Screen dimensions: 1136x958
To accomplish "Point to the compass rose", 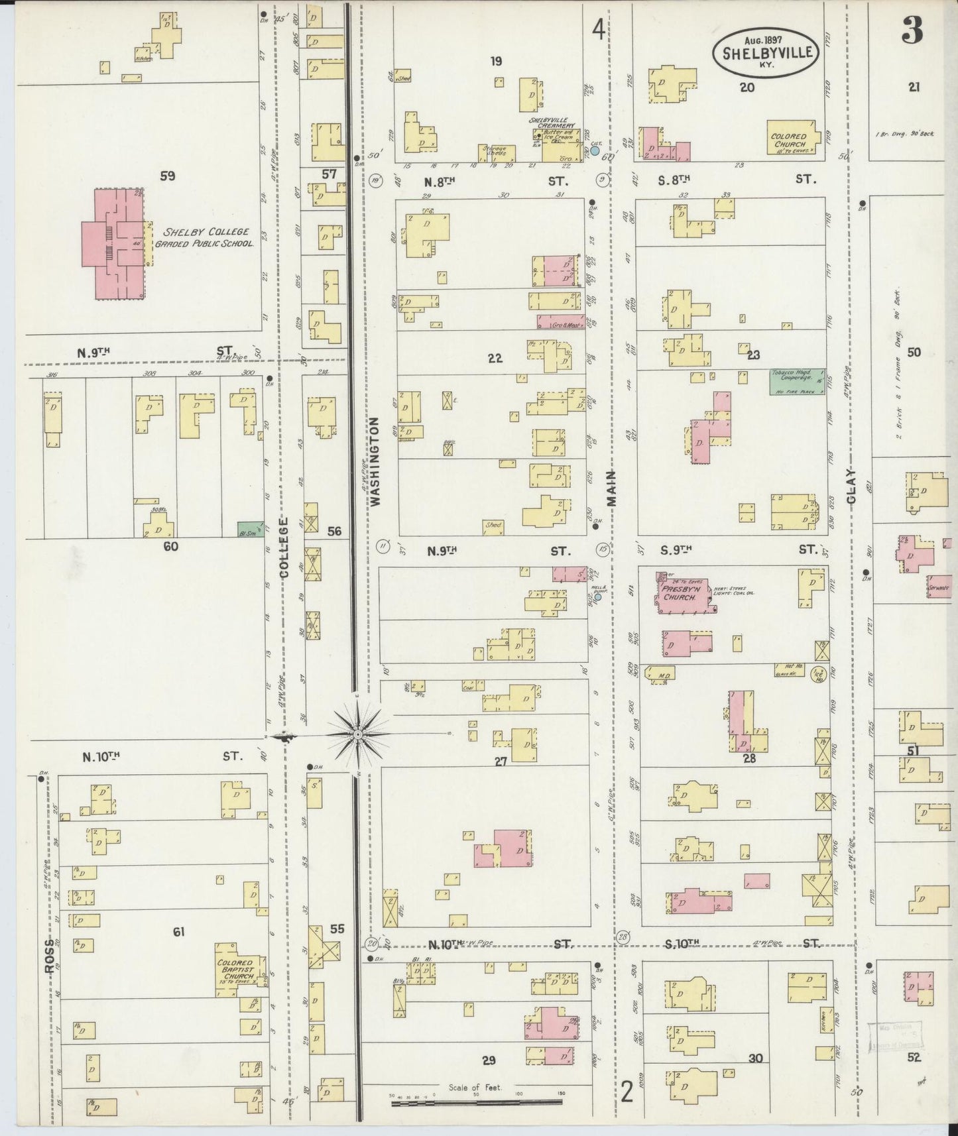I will pos(357,735).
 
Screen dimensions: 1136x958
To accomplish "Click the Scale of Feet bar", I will pos(475,1102).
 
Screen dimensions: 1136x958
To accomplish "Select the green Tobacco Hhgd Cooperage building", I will pos(798,382).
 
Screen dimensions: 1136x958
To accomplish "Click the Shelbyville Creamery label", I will pos(552,123).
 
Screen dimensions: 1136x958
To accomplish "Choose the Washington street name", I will pos(376,461).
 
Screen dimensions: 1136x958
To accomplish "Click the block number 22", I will pos(495,358).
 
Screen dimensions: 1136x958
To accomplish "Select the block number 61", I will pos(178,932).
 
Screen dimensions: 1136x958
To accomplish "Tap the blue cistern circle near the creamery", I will pos(595,150).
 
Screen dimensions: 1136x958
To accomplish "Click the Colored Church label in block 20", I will pos(789,140).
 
